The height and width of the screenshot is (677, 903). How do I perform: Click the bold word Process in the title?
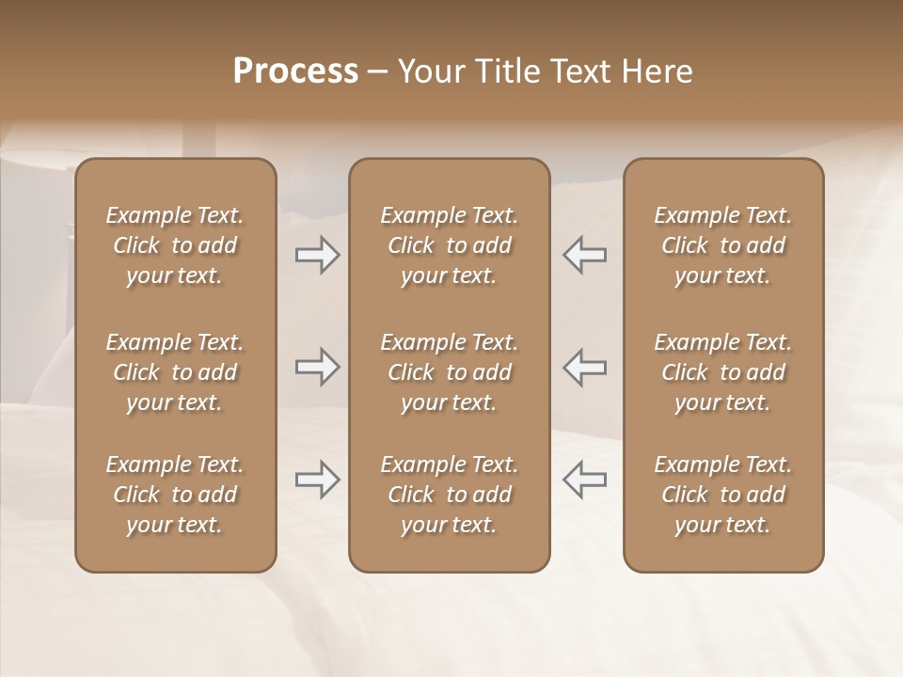(295, 71)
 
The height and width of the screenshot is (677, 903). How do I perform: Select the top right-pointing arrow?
(317, 255)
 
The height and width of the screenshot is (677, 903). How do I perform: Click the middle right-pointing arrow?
(317, 367)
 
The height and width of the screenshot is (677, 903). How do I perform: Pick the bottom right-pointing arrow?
(317, 480)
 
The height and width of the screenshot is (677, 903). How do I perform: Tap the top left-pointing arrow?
(584, 255)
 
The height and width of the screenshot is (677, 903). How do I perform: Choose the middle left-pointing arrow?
(584, 367)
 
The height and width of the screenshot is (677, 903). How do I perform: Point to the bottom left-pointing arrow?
(584, 480)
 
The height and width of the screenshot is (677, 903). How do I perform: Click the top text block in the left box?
(175, 245)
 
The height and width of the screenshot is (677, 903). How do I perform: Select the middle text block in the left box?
(175, 372)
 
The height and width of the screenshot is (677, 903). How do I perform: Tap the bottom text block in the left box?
(175, 495)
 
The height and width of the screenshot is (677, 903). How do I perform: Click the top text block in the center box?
(450, 245)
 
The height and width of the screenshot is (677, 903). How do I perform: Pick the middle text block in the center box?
(450, 372)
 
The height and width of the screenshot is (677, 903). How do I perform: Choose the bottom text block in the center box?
(450, 495)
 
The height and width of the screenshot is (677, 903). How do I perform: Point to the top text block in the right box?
(723, 245)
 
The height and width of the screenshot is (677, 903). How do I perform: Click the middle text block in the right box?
(723, 372)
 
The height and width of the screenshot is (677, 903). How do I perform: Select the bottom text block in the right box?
(723, 495)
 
